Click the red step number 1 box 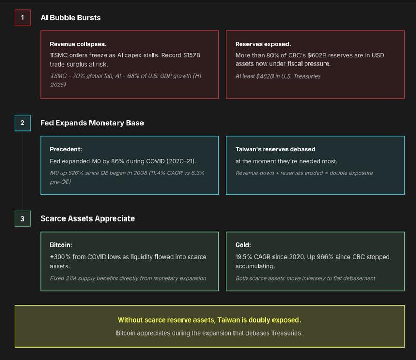22,18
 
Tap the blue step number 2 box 22,123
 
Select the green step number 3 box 22,218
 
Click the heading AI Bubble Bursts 71,18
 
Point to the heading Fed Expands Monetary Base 92,123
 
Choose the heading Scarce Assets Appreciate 87,218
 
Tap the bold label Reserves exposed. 263,44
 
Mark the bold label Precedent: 66,149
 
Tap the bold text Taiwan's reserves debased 275,149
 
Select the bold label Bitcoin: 61,245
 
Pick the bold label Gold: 243,245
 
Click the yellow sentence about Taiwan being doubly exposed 209,320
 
